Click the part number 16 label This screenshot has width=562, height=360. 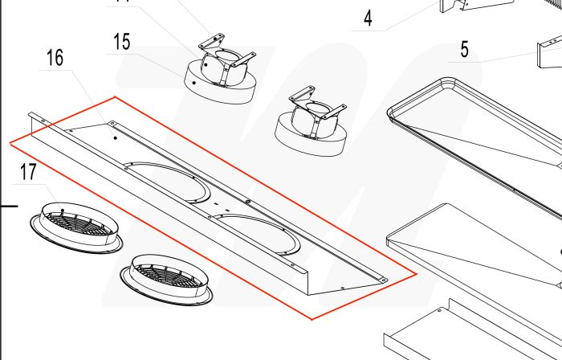pyautogui.click(x=55, y=58)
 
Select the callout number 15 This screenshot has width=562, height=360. pyautogui.click(x=121, y=42)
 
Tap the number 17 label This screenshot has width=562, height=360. pyautogui.click(x=29, y=171)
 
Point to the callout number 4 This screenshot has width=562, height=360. pyautogui.click(x=368, y=18)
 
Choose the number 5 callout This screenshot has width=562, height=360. pyautogui.click(x=464, y=51)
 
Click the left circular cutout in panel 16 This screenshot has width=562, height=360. pyautogui.click(x=167, y=182)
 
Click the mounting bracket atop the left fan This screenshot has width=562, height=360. pyautogui.click(x=216, y=45)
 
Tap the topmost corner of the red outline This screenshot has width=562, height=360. pyautogui.click(x=115, y=97)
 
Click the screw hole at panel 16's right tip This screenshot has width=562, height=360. pyautogui.click(x=384, y=279)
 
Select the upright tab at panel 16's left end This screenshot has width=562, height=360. pyautogui.click(x=33, y=121)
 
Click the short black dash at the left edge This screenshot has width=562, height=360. pyautogui.click(x=8, y=207)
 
